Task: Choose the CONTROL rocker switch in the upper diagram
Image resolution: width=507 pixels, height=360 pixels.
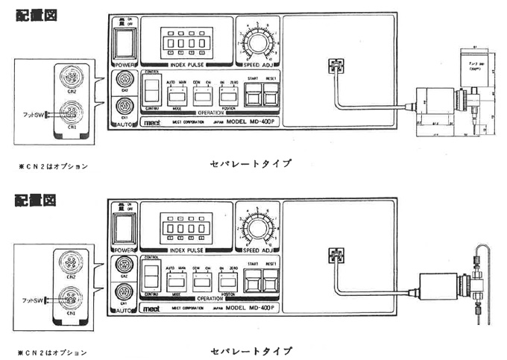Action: tap(151, 92)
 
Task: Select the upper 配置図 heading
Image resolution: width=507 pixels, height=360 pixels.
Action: tap(31, 13)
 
